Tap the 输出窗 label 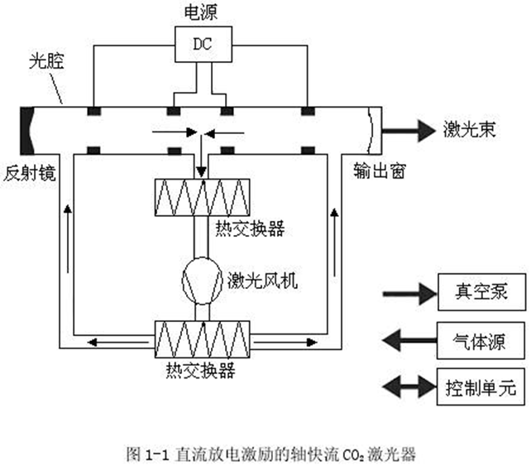[372, 171]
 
